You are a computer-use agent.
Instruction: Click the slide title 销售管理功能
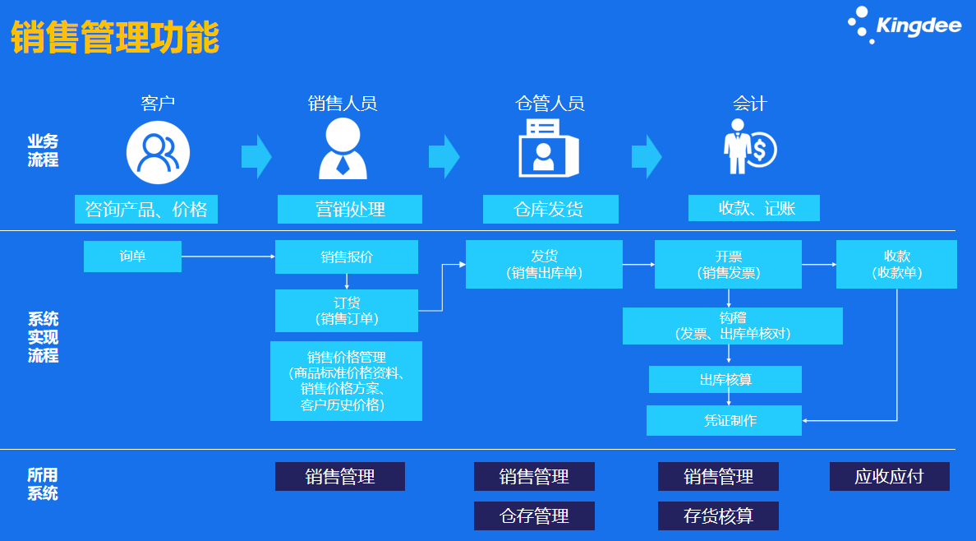tap(115, 38)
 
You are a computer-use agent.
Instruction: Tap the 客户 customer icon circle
tap(158, 151)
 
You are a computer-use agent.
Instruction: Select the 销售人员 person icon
tap(343, 149)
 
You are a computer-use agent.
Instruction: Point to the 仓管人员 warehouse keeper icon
tap(547, 148)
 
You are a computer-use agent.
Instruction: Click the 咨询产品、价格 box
tap(147, 210)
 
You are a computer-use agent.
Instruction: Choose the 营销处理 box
tap(349, 210)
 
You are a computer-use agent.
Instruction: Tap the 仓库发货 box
tap(550, 210)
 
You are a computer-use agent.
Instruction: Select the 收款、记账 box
tap(753, 208)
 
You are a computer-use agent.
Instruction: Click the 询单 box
tap(132, 257)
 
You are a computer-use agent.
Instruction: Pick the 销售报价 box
tap(346, 257)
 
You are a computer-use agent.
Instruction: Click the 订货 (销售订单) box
tap(346, 311)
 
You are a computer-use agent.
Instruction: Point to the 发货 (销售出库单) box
tap(544, 264)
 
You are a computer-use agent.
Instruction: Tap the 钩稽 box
tap(732, 326)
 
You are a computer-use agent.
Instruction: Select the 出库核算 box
tap(725, 380)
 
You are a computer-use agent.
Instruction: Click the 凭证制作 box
tap(724, 420)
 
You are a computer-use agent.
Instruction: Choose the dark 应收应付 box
tap(889, 477)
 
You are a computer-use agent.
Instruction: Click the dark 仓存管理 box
tap(534, 516)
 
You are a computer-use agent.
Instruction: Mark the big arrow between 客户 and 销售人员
tap(256, 155)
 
